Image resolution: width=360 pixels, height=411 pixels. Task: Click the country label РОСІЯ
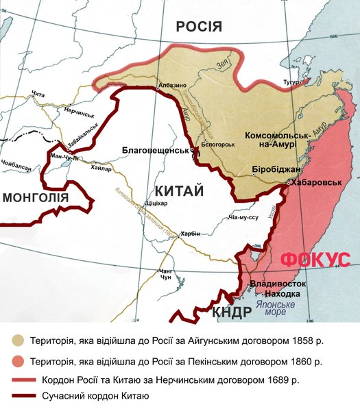tap(199, 27)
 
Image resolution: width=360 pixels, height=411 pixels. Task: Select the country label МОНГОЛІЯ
tap(36, 198)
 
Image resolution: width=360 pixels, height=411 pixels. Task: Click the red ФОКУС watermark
tap(316, 260)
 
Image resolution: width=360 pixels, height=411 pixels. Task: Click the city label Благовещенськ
tap(155, 149)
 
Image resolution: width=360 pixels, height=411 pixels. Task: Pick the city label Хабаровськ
tap(316, 184)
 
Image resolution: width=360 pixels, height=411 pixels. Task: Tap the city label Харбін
tap(189, 234)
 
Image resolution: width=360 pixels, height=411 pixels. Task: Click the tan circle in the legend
tap(17, 340)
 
